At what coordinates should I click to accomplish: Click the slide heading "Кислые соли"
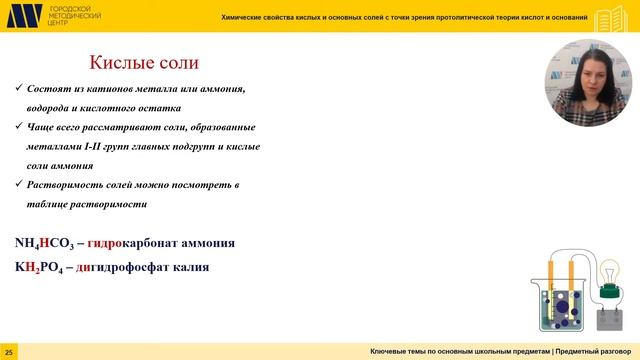click(141, 63)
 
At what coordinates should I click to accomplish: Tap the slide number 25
click(9, 353)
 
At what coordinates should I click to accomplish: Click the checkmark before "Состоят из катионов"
click(20, 90)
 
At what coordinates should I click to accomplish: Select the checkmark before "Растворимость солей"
click(20, 185)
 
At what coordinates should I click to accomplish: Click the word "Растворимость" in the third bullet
click(69, 185)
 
